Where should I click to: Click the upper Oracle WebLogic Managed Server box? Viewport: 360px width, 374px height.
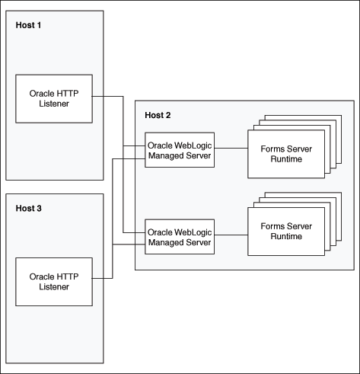179,150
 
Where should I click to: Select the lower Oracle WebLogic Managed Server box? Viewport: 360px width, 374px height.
179,235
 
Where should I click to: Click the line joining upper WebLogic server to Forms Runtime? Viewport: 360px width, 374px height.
230,150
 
